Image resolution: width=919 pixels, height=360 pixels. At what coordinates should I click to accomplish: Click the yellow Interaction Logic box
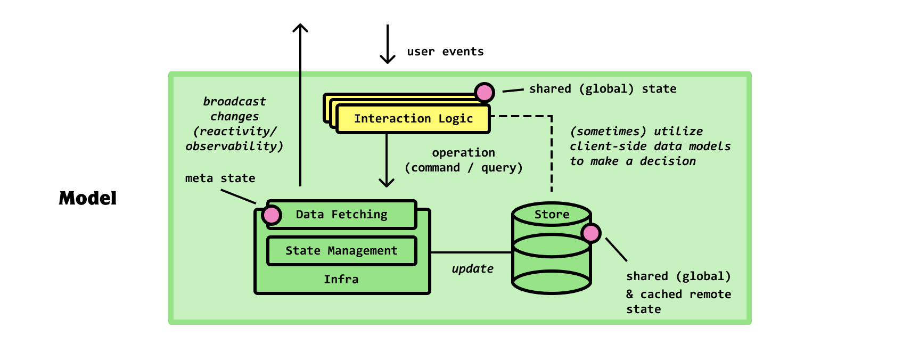coord(413,119)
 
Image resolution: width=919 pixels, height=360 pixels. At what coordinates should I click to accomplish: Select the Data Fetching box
coord(342,215)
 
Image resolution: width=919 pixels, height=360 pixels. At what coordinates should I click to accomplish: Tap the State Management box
coord(341,251)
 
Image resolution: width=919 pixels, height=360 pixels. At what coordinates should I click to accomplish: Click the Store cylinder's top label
coord(552,215)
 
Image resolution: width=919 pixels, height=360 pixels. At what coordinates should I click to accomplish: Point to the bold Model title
coord(88,199)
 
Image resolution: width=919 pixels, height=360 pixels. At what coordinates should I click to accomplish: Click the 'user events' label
coord(445,52)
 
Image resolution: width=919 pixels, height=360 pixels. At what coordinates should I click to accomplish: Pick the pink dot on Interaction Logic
coord(485,93)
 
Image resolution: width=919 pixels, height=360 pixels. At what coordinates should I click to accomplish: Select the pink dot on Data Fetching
coord(272,215)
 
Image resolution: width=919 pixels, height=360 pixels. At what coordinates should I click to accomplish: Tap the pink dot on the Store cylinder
coord(591,233)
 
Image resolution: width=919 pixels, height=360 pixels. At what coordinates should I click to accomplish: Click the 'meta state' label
coord(220,178)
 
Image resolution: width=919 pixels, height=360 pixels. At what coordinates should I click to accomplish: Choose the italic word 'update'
coord(472,269)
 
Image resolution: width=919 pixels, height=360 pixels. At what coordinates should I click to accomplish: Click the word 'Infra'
coord(341,280)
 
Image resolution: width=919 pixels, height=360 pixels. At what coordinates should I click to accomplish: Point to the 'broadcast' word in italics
coord(234,102)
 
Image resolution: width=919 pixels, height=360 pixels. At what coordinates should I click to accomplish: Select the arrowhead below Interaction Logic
coord(387,183)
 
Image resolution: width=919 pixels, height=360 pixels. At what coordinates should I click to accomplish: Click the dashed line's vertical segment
coord(552,154)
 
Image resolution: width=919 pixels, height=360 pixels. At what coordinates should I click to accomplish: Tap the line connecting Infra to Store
coord(471,252)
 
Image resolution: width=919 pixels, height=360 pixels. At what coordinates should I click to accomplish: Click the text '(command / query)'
coord(463,168)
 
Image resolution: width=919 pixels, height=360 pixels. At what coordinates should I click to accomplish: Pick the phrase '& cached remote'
coord(678,294)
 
